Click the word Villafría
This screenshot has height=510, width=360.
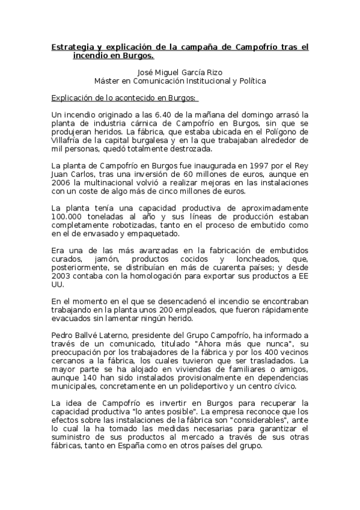point(67,140)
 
